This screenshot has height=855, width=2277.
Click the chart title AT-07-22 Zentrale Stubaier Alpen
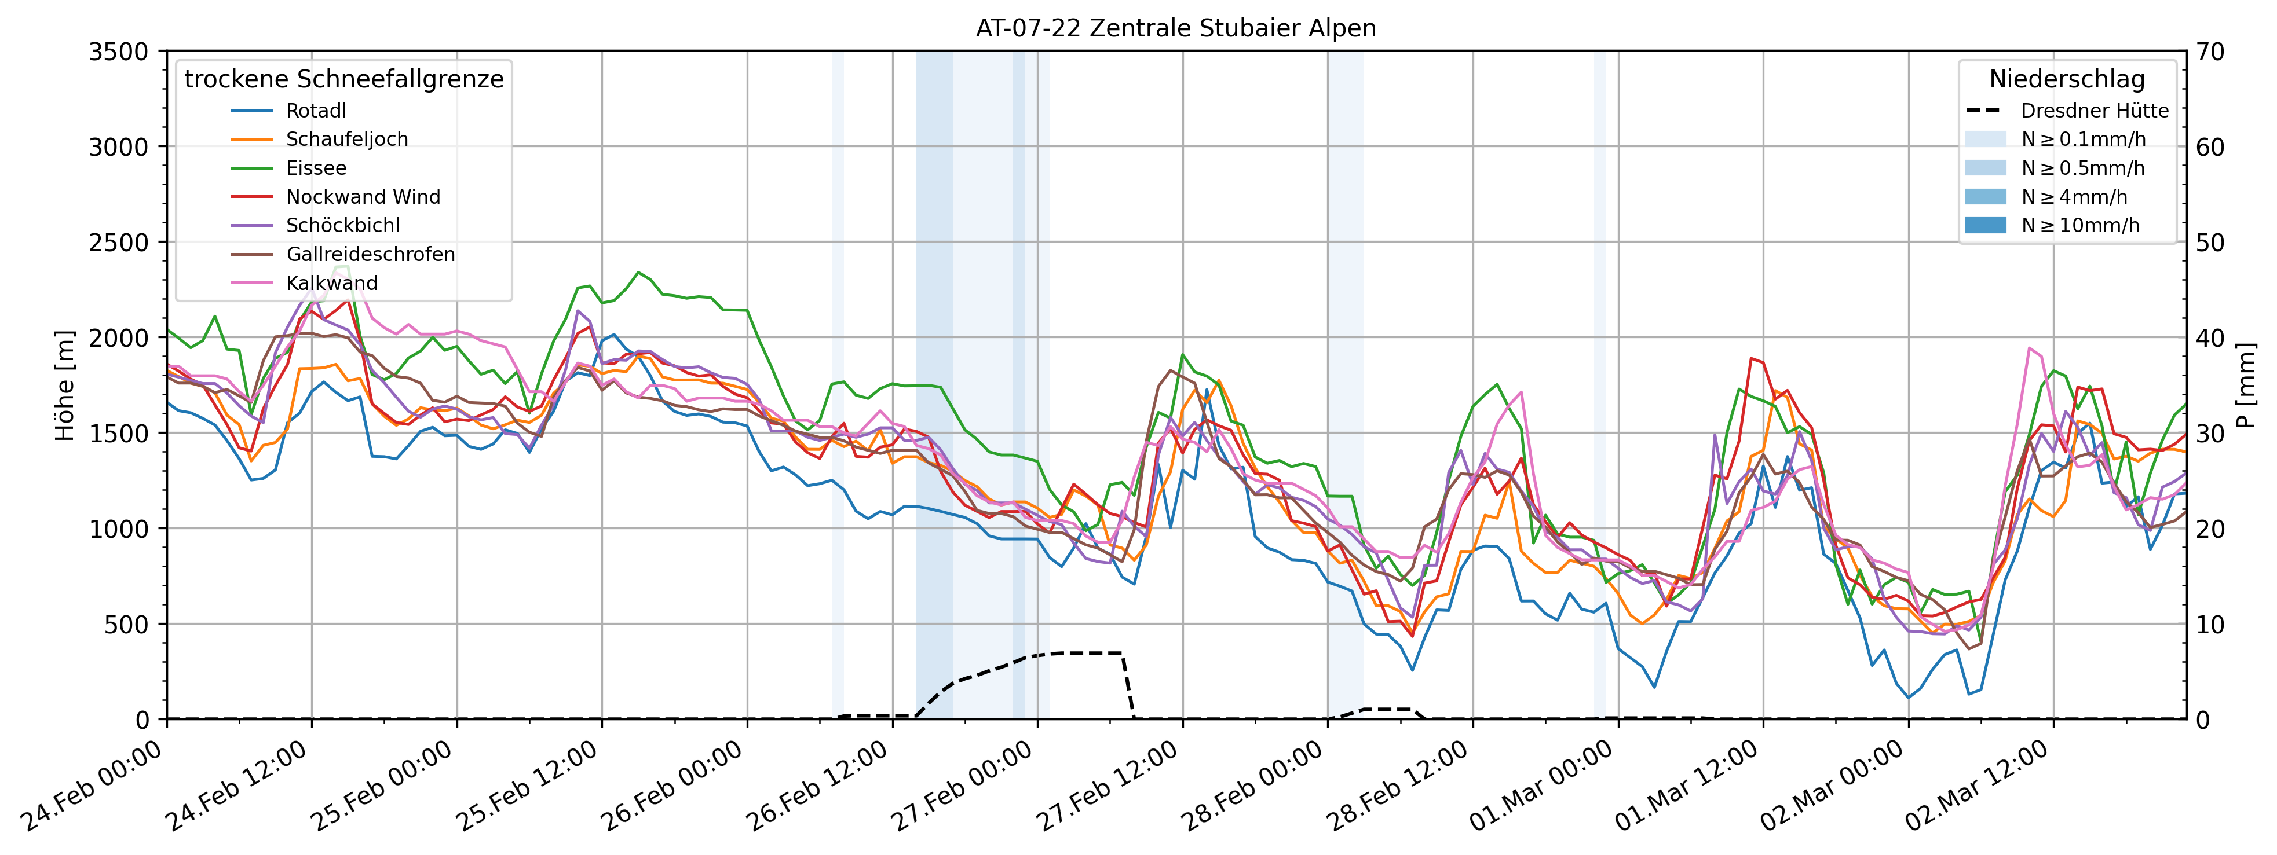(x=1176, y=28)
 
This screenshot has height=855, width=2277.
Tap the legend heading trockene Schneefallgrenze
(x=344, y=79)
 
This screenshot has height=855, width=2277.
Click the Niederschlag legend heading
(x=2067, y=79)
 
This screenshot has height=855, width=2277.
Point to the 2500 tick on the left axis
(x=118, y=242)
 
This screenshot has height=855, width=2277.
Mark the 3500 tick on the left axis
(x=118, y=51)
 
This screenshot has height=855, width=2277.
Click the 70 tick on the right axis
(x=2211, y=51)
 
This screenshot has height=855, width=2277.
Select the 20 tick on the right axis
(x=2211, y=528)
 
